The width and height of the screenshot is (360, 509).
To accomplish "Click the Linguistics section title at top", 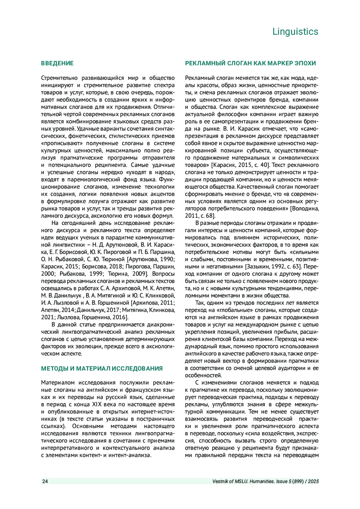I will tap(295, 31).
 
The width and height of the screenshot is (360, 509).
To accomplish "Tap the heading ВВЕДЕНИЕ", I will tap(57, 63).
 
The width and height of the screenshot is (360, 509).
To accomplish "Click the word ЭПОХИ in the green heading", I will tap(305, 63).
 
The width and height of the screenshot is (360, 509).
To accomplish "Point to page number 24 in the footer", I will tap(45, 481).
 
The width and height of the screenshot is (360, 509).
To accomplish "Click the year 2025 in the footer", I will tap(313, 481).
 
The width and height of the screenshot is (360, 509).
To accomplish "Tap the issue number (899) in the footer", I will tap(298, 481).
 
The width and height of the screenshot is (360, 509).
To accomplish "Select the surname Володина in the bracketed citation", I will tap(306, 208).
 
